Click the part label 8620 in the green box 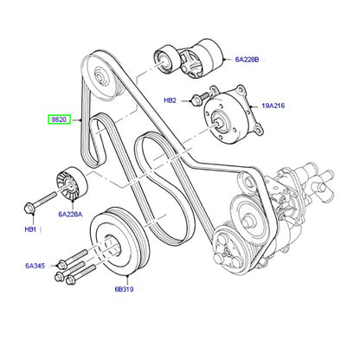59,119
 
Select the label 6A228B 247,60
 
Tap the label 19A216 273,106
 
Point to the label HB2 170,100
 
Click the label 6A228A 70,215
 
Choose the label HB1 30,229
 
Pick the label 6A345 35,266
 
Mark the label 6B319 125,289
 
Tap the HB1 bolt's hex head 29,209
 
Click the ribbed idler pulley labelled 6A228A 71,183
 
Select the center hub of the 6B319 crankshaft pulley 112,246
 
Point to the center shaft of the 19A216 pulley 217,124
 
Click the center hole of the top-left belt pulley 100,78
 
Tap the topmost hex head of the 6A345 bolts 62,264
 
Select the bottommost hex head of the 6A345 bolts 70,280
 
